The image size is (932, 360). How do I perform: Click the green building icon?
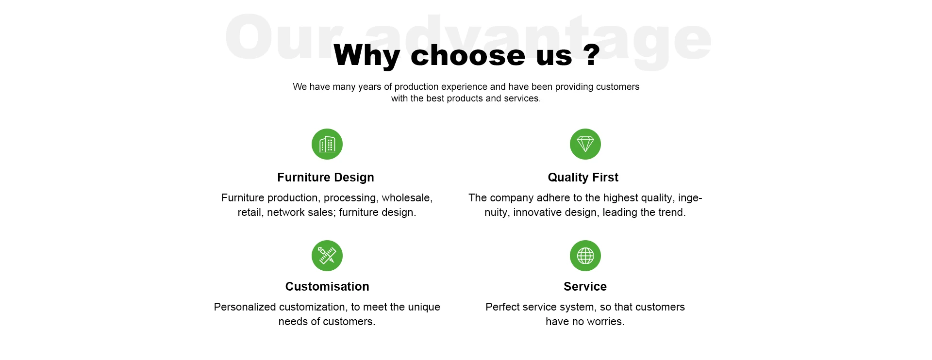click(327, 144)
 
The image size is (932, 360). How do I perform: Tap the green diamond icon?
click(585, 144)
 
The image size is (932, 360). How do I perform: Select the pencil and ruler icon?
click(327, 256)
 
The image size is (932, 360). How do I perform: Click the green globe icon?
click(585, 256)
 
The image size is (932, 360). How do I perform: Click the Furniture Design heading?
click(326, 178)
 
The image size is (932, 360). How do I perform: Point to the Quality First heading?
click(583, 178)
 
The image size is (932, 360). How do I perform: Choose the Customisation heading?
click(327, 287)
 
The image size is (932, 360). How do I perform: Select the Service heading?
click(585, 287)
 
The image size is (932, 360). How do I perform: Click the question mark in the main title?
click(592, 55)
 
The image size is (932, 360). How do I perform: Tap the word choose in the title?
click(468, 55)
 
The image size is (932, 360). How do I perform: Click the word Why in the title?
click(366, 56)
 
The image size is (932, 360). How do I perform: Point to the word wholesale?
click(407, 198)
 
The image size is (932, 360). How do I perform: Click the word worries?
click(606, 322)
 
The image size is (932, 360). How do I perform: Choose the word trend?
click(672, 213)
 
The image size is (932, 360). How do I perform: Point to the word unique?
click(424, 308)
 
